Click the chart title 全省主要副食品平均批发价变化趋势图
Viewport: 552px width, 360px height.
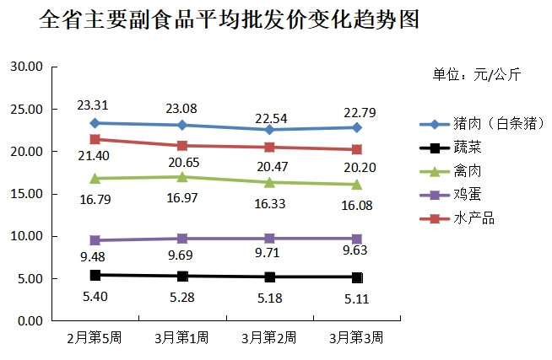pos(229,20)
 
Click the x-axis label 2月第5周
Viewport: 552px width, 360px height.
pos(95,338)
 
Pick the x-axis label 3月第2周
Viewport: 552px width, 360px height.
pos(268,338)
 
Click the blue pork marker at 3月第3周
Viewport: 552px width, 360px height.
pos(357,127)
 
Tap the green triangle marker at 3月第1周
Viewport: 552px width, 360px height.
pos(182,176)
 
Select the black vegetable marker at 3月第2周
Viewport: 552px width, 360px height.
pos(269,277)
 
